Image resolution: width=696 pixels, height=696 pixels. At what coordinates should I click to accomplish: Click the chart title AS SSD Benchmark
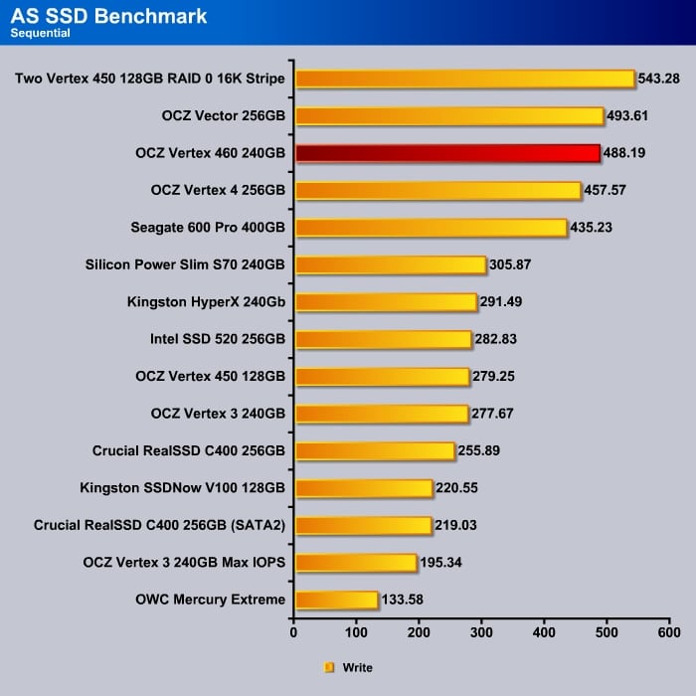(108, 16)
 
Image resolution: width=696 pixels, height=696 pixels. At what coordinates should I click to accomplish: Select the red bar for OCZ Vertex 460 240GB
(447, 153)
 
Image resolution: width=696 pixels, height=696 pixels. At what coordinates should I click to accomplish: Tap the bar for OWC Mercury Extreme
(336, 600)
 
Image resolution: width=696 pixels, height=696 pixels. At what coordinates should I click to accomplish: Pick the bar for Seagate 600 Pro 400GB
(431, 228)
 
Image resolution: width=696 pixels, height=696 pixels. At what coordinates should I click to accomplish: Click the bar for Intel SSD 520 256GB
(383, 339)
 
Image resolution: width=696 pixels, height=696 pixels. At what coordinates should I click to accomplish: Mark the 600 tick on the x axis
(669, 631)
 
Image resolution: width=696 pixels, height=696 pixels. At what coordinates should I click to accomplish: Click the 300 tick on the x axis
(481, 631)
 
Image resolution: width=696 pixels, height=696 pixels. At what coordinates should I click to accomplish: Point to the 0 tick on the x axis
(294, 631)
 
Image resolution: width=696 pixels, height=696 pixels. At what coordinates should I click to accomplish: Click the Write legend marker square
(329, 667)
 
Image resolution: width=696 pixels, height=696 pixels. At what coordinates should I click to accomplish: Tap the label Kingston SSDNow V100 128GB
(183, 488)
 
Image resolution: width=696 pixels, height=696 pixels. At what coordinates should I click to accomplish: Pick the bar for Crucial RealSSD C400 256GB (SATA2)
(363, 525)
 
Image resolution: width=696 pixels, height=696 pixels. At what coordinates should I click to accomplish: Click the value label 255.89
(479, 450)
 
